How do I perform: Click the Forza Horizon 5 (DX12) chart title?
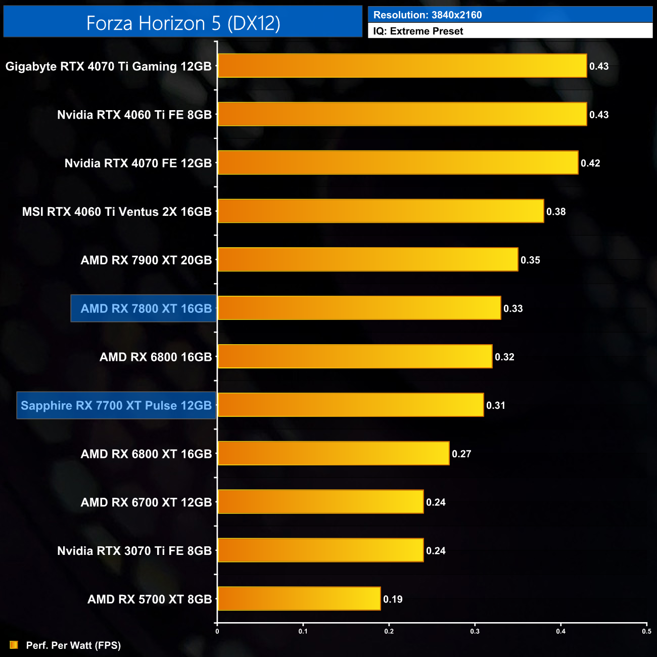[183, 23]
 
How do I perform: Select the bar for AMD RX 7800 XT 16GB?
[359, 308]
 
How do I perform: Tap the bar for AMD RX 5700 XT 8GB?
[299, 599]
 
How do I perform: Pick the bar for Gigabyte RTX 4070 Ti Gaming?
[402, 66]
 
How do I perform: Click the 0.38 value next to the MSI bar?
[556, 212]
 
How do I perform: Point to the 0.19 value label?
[393, 599]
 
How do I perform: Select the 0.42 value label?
[590, 163]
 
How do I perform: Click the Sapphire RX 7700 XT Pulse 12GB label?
[116, 406]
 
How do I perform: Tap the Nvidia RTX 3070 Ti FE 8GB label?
[134, 551]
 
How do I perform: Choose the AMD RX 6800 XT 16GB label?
[147, 454]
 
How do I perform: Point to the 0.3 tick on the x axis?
[475, 631]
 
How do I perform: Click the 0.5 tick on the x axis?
[646, 631]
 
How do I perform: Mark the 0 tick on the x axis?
[217, 631]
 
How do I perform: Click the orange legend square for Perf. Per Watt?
[14, 645]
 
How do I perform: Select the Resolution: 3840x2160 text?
[428, 15]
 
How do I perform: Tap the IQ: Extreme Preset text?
[418, 31]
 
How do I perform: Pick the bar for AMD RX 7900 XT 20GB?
[368, 260]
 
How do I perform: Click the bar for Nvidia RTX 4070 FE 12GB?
[398, 163]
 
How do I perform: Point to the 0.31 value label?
[496, 405]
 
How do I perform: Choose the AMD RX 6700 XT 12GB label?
[147, 502]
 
